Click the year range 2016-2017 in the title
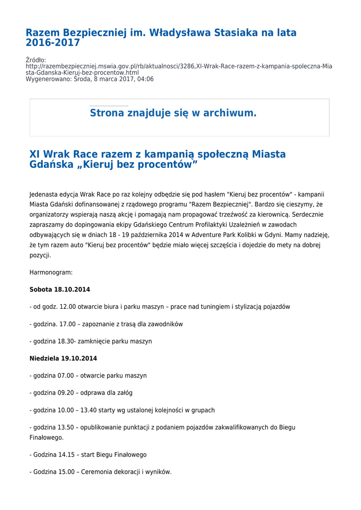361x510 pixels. pos(53,43)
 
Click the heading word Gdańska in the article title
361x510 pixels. pos(50,164)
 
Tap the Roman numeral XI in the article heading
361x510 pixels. pos(35,154)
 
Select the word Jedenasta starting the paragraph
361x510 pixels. pos(44,194)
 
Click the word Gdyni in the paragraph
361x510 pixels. pos(273,235)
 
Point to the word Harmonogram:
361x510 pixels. pos(51,272)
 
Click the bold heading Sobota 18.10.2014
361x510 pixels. pos(60,290)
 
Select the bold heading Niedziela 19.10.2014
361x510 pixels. pos(63,359)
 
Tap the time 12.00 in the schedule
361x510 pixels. pos(68,307)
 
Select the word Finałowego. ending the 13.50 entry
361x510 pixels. pos(46,437)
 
